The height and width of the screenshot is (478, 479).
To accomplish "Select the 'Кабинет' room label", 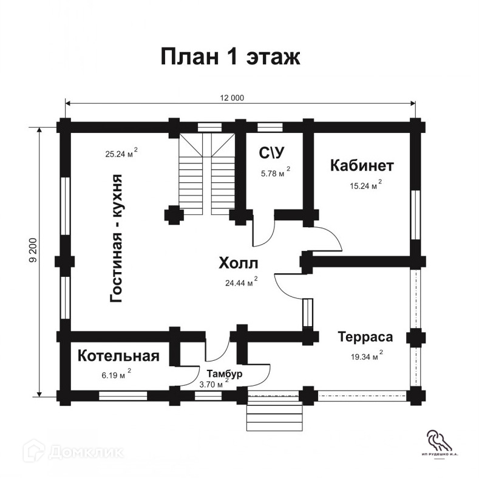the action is [x=362, y=165].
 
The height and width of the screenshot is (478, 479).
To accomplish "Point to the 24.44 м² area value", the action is [x=240, y=282].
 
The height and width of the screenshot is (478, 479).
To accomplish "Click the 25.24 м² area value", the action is [x=121, y=154].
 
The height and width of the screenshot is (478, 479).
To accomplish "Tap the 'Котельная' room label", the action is [x=118, y=356].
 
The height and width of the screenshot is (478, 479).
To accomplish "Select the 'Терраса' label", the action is [x=365, y=336].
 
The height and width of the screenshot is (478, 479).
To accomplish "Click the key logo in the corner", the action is [x=435, y=439].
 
